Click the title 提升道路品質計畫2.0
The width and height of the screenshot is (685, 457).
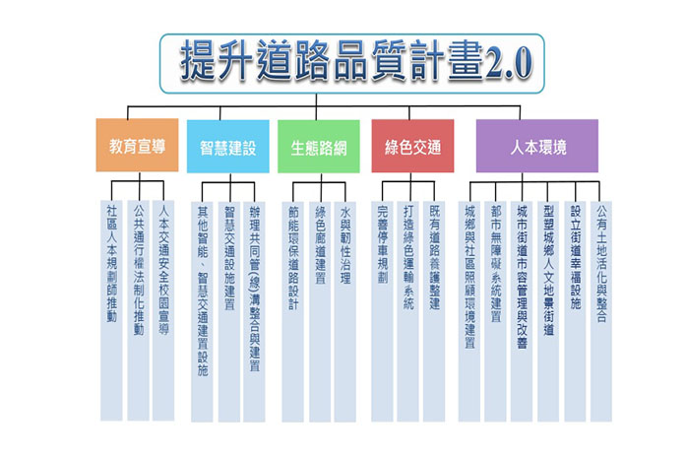tap(343, 61)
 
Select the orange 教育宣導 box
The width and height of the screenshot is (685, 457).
tap(137, 146)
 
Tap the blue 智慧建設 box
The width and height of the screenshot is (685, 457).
tap(227, 148)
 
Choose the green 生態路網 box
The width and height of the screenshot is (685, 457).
tap(318, 148)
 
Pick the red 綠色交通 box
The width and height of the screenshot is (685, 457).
tap(412, 148)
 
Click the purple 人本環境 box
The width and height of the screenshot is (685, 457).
tap(536, 146)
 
